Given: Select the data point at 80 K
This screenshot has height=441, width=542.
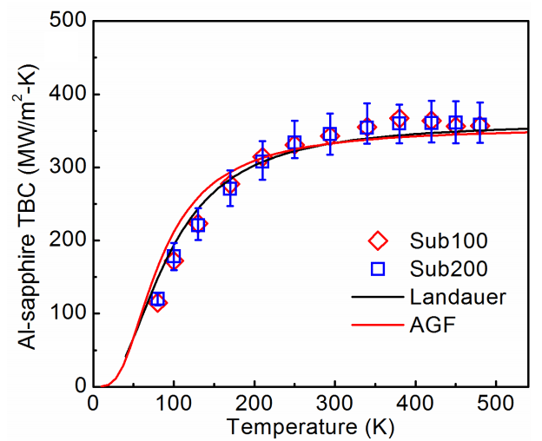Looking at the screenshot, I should click(157, 300).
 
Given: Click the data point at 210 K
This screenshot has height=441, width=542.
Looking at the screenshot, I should click(261, 160).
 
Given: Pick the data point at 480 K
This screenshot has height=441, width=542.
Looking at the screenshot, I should click(479, 125).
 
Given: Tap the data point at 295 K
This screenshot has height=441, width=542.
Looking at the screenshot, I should click(330, 135).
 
